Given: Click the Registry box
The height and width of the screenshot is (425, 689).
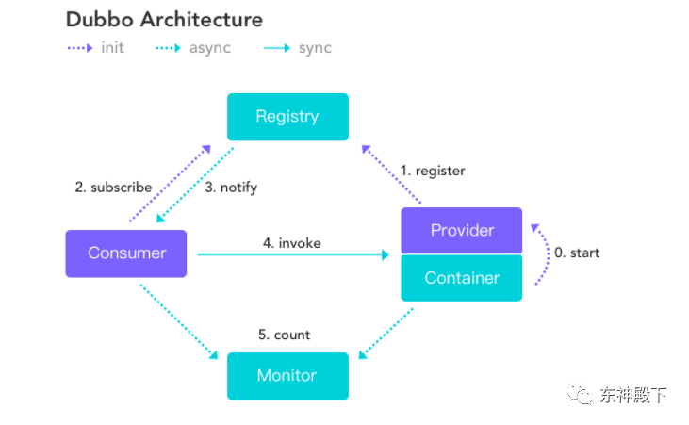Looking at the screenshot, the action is [x=287, y=117].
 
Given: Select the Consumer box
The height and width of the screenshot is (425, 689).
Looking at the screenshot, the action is [x=126, y=253].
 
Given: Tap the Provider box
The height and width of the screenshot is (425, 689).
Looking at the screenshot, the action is [x=462, y=230].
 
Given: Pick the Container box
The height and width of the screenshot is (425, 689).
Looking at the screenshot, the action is [x=462, y=278].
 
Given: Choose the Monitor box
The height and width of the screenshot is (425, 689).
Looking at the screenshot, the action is [x=287, y=376].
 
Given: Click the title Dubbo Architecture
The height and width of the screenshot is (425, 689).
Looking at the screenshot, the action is [x=164, y=20].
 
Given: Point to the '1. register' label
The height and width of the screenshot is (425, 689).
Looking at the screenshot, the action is [x=433, y=171].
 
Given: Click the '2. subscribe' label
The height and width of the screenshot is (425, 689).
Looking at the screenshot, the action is [x=113, y=188].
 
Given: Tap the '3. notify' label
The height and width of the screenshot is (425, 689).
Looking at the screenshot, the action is [x=231, y=188].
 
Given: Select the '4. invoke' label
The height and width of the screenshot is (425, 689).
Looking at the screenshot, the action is [x=292, y=243].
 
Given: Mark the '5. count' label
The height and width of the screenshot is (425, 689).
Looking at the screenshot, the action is [x=284, y=335].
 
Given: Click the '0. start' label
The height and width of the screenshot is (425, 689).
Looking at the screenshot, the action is [x=577, y=253].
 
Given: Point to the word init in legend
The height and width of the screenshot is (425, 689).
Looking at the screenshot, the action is [x=112, y=47].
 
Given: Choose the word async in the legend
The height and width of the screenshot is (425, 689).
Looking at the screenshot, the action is [x=210, y=48].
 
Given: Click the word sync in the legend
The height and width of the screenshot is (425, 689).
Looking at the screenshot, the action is [x=315, y=48].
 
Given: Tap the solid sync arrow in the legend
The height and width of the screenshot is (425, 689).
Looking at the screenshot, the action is [x=277, y=48].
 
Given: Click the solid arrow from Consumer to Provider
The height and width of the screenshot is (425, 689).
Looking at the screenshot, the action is [x=293, y=254].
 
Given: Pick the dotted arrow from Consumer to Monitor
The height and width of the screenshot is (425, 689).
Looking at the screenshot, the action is [x=179, y=321].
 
